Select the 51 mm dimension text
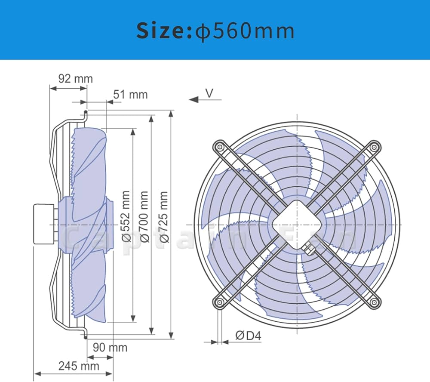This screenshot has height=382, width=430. [x=130, y=94]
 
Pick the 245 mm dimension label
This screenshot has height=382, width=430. [x=79, y=366]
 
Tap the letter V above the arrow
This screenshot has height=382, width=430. [x=209, y=93]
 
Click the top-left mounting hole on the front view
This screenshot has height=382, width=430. [x=220, y=146]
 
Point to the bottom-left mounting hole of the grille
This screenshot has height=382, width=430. [x=220, y=302]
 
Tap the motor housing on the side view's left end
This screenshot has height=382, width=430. [x=44, y=224]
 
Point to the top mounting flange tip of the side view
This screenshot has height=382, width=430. [x=85, y=113]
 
